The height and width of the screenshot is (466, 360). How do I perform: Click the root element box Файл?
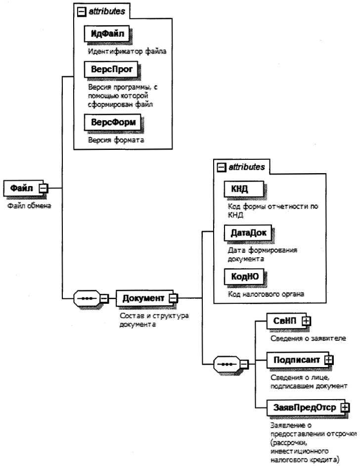coord(22,187)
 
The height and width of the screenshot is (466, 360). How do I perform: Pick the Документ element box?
coord(143,298)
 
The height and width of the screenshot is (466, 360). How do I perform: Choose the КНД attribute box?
coord(239,188)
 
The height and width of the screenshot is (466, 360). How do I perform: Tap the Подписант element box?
coord(295,359)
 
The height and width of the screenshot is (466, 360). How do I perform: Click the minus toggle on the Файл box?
coord(43,188)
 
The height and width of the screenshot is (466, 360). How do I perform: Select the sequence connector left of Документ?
coord(87,298)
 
